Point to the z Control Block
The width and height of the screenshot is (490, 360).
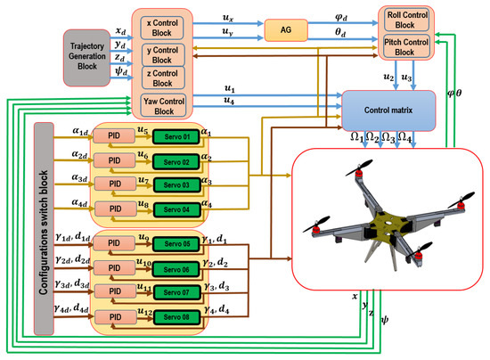pyautogui.click(x=161, y=78)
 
